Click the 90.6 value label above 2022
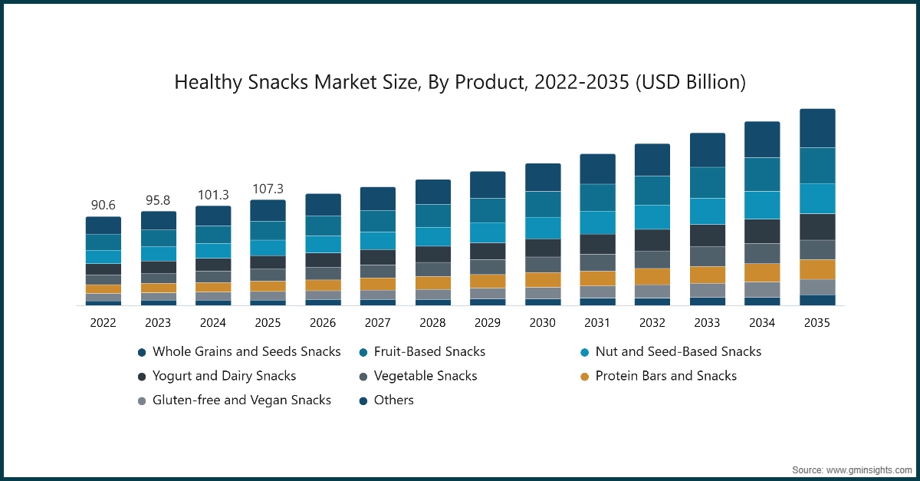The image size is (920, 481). (x=103, y=206)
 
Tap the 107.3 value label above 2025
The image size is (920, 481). (x=268, y=189)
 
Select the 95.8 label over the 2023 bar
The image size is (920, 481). (x=158, y=200)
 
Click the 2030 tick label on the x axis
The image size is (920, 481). (x=542, y=323)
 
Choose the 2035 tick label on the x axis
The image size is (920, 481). (x=816, y=323)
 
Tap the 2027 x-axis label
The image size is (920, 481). (x=377, y=323)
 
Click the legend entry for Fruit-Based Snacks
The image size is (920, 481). (x=429, y=351)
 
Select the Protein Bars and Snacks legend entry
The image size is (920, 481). (x=665, y=376)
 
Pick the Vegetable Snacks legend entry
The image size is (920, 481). (x=426, y=376)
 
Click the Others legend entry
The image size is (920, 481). (x=393, y=400)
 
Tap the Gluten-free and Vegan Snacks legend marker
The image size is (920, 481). (x=142, y=400)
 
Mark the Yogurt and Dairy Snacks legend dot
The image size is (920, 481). (x=142, y=377)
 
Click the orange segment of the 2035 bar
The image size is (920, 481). (x=817, y=269)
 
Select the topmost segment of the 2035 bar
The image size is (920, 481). (x=817, y=128)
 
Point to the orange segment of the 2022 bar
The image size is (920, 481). (x=103, y=289)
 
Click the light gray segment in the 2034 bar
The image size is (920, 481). (x=762, y=289)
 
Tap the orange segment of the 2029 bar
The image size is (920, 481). (x=488, y=281)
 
